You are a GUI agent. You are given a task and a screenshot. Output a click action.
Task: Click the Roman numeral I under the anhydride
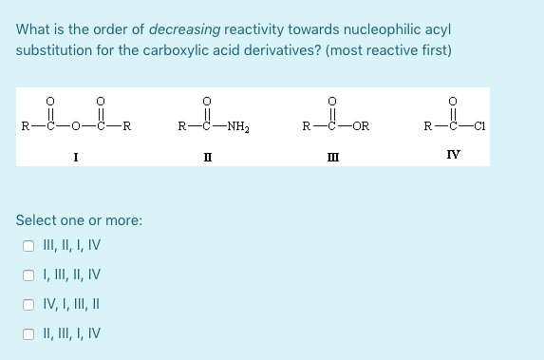coord(76,157)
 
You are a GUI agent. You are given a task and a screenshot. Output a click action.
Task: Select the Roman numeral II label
coord(205,157)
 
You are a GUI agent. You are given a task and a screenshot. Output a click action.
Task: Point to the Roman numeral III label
coord(329,157)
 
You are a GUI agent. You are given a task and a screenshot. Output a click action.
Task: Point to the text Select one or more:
coord(80,220)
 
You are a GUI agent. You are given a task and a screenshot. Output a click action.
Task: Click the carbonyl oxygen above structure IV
coord(452,100)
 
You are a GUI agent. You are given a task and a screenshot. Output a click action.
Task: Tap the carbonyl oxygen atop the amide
coord(205,100)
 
